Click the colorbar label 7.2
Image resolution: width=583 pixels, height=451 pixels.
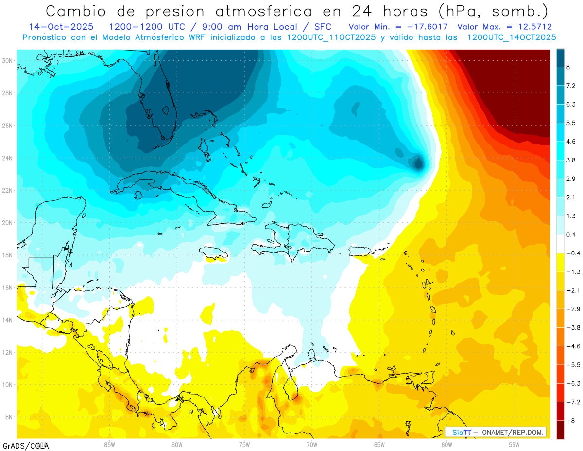click(571, 86)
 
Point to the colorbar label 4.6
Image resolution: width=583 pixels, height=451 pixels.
click(571, 142)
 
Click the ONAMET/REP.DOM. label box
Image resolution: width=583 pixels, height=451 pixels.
click(496, 432)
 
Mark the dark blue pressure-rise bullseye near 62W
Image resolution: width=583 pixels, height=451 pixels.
click(418, 163)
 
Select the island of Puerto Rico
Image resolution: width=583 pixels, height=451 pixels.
click(360, 251)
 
